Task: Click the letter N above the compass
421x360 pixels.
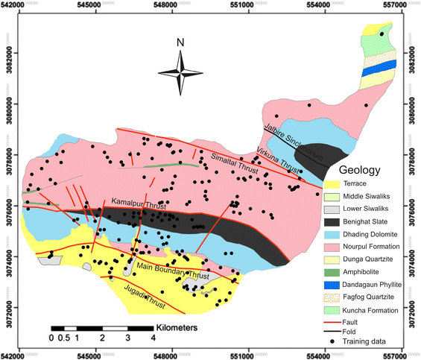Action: (180, 42)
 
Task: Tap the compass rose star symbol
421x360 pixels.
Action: (180, 72)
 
